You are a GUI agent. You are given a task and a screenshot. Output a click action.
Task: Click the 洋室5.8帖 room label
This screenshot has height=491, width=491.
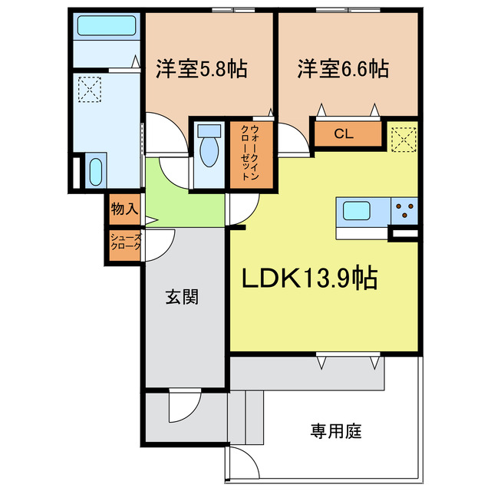[201, 69]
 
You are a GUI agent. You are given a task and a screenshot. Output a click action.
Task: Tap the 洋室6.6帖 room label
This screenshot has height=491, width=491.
[343, 69]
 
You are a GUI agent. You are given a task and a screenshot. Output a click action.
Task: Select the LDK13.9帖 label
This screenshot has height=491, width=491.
[309, 279]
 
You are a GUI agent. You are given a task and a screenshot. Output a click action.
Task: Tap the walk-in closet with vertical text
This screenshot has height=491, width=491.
[249, 151]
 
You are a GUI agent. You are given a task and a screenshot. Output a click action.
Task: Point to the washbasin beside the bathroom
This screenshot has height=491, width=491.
[94, 171]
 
